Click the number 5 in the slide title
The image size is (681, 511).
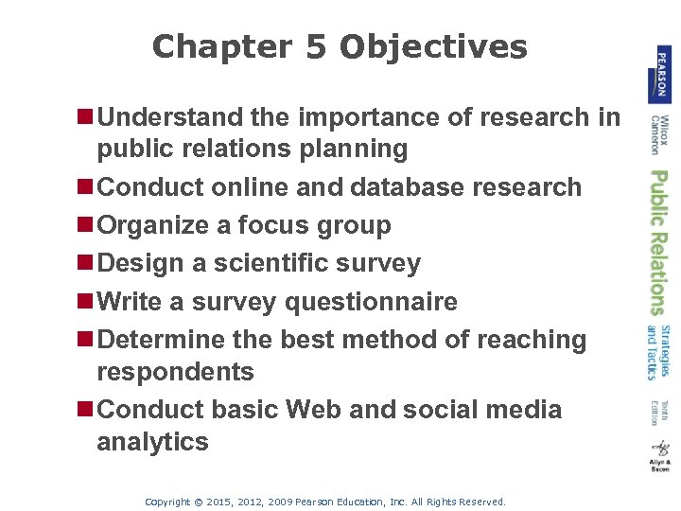(316, 46)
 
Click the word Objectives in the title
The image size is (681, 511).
(433, 47)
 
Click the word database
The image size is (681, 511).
(405, 187)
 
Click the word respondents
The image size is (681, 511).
(175, 372)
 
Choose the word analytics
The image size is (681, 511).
(152, 442)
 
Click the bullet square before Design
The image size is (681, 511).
(87, 263)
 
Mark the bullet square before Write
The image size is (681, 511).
(87, 302)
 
